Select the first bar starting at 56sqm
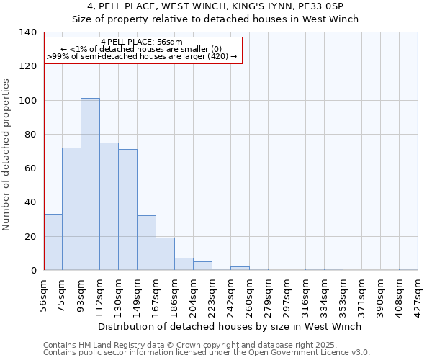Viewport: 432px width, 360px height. pyautogui.click(x=53, y=242)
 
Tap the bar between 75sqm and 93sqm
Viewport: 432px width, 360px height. pyautogui.click(x=71, y=209)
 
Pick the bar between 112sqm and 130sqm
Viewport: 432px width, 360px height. pyautogui.click(x=109, y=207)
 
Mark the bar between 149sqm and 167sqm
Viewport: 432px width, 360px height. pyautogui.click(x=146, y=243)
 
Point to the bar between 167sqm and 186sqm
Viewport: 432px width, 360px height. pyautogui.click(x=165, y=254)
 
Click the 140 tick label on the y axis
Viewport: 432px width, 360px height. pyautogui.click(x=27, y=32)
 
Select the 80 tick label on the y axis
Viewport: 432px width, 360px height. pyautogui.click(x=30, y=135)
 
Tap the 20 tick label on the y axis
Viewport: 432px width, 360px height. pyautogui.click(x=30, y=237)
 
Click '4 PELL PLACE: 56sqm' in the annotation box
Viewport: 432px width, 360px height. pyautogui.click(x=142, y=42)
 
